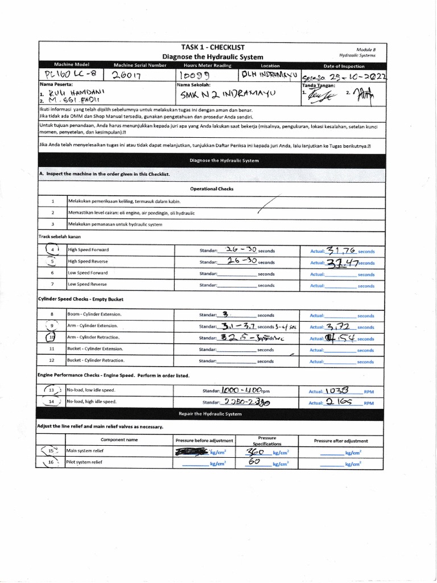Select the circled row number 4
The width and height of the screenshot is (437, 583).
click(52, 249)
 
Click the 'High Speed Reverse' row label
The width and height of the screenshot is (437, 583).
click(88, 262)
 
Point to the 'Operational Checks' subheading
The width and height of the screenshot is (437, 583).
click(211, 188)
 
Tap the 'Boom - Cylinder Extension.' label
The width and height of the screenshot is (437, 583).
click(94, 314)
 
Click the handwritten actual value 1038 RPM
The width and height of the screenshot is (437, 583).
click(341, 391)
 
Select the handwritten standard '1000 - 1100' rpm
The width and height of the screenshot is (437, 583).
click(242, 391)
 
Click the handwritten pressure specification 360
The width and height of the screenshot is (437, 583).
click(254, 451)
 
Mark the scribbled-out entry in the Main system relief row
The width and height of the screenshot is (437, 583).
click(192, 451)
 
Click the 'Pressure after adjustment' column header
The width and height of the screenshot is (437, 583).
click(341, 441)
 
